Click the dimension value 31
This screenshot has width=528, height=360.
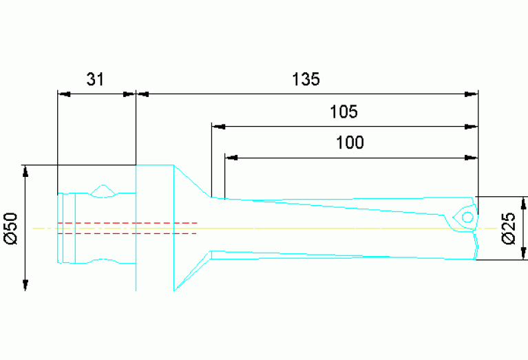(95, 79)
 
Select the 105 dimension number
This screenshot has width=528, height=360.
(344, 112)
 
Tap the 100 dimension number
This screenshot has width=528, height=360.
(350, 143)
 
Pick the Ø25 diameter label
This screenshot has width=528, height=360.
(509, 228)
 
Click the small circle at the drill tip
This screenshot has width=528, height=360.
(467, 217)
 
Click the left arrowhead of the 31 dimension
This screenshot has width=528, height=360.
(63, 94)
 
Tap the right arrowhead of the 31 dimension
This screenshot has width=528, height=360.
(130, 94)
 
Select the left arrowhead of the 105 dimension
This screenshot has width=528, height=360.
(218, 127)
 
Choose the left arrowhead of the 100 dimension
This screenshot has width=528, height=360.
(231, 158)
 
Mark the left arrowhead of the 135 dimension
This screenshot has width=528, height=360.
(142, 94)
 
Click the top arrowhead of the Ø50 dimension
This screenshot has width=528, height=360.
(26, 171)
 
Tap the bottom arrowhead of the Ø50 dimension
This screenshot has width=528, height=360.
(26, 284)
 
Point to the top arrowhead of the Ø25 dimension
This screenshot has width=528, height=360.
(525, 203)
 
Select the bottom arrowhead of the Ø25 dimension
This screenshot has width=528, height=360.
(525, 254)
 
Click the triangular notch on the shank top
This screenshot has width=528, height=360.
(103, 189)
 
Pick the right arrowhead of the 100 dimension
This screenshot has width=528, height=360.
(472, 158)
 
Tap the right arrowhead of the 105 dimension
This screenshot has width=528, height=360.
(472, 127)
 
